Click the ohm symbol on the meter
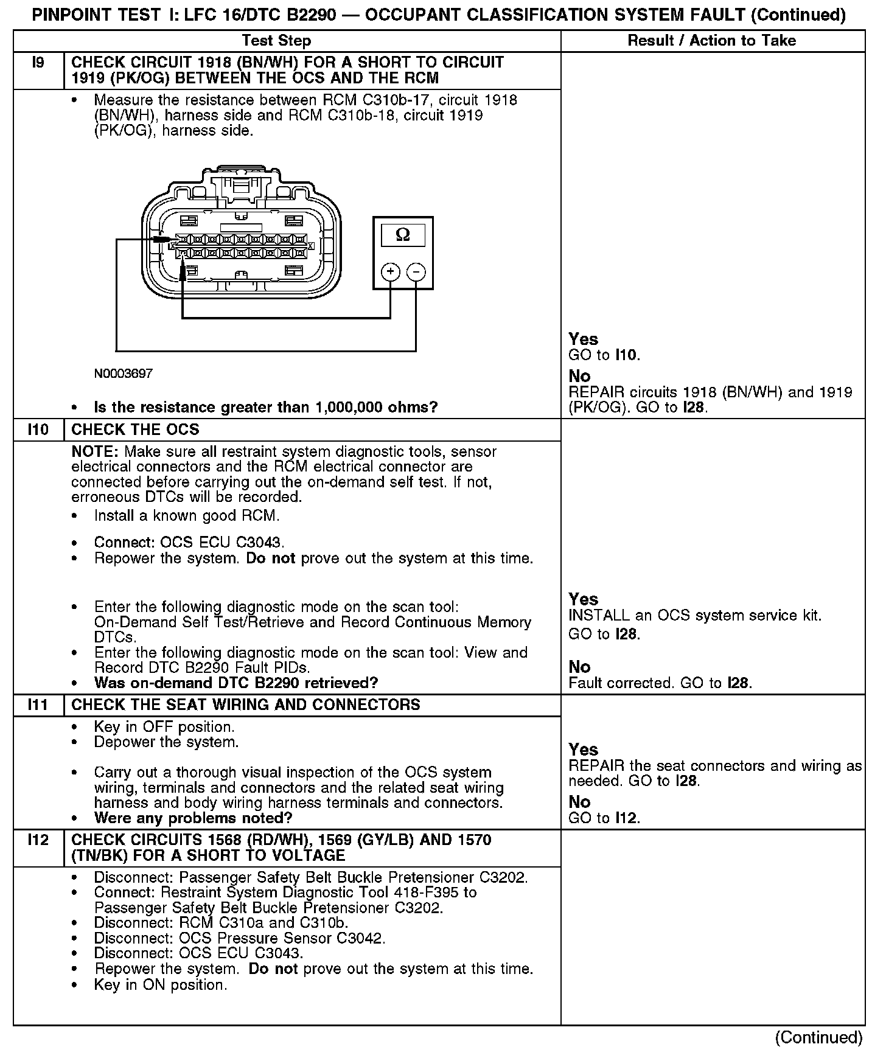(x=403, y=235)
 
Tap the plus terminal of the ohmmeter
(x=390, y=271)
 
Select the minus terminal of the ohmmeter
(x=416, y=271)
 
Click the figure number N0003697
(x=124, y=374)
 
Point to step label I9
(x=38, y=63)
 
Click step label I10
(x=38, y=430)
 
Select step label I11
(x=38, y=705)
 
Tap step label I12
(x=38, y=840)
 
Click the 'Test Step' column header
(x=276, y=41)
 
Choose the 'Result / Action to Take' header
(x=712, y=41)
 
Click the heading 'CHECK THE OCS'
(x=135, y=430)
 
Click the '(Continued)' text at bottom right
(x=819, y=1037)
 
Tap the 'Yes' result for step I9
(x=583, y=339)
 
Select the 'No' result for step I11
(x=579, y=802)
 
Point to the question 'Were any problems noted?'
(x=193, y=818)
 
